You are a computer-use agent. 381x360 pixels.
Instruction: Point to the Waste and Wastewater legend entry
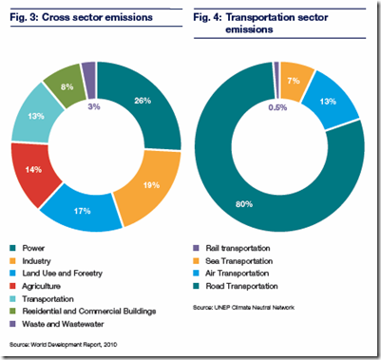[61, 322]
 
